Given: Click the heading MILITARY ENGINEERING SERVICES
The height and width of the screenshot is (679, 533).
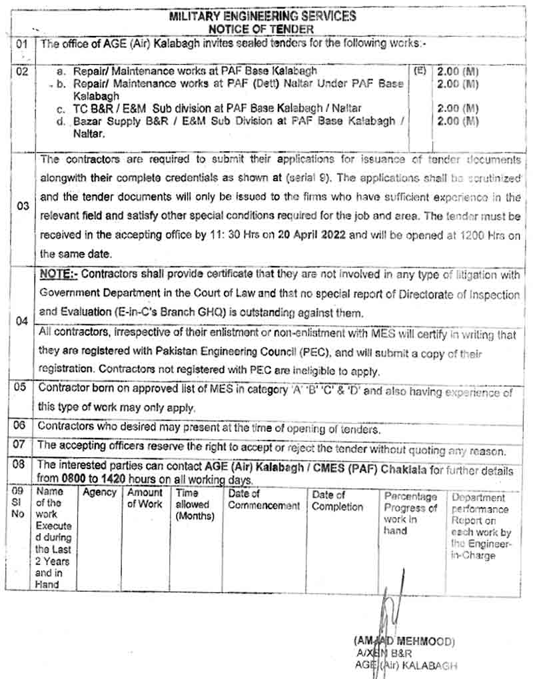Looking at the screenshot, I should click(x=263, y=16).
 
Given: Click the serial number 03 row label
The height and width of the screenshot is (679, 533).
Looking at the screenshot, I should click(x=23, y=206).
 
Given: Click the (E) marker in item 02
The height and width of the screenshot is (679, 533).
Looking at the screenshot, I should click(x=420, y=69).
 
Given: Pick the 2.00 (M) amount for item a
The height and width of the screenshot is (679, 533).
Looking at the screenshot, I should click(x=458, y=71).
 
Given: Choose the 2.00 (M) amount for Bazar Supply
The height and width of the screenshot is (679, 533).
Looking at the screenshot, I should click(x=458, y=121).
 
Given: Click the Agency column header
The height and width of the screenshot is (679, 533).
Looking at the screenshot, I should click(x=99, y=493).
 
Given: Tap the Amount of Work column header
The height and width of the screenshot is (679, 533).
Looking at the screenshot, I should click(x=145, y=498).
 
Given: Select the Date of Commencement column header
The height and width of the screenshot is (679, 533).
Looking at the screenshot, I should click(x=264, y=500).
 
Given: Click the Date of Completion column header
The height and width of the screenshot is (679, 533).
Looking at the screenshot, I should click(x=337, y=500).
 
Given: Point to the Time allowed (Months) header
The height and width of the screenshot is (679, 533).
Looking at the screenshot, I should click(x=195, y=504).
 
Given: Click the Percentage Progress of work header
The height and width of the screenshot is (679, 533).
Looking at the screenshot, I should click(x=410, y=513).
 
